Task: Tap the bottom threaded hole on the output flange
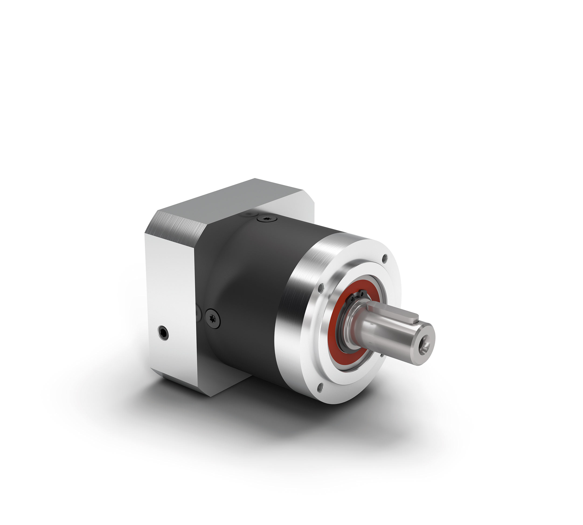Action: pyautogui.click(x=320, y=388)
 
